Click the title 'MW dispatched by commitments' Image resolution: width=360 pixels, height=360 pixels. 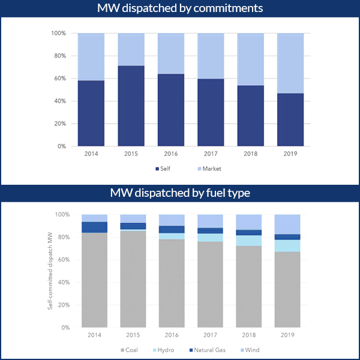point(180,8)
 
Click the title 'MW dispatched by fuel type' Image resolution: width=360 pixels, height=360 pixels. point(180,193)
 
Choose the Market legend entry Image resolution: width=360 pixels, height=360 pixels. point(208,169)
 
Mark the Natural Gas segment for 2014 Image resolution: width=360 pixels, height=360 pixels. point(94,227)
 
